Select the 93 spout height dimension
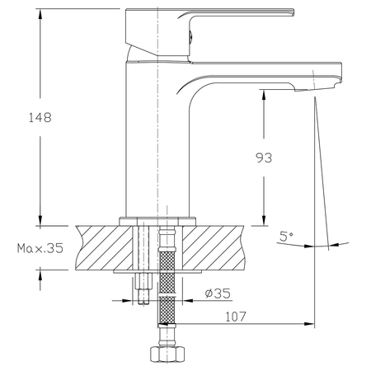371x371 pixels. pyautogui.click(x=264, y=157)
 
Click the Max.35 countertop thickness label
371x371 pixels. pyautogui.click(x=39, y=247)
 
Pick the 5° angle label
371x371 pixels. pyautogui.click(x=286, y=237)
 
